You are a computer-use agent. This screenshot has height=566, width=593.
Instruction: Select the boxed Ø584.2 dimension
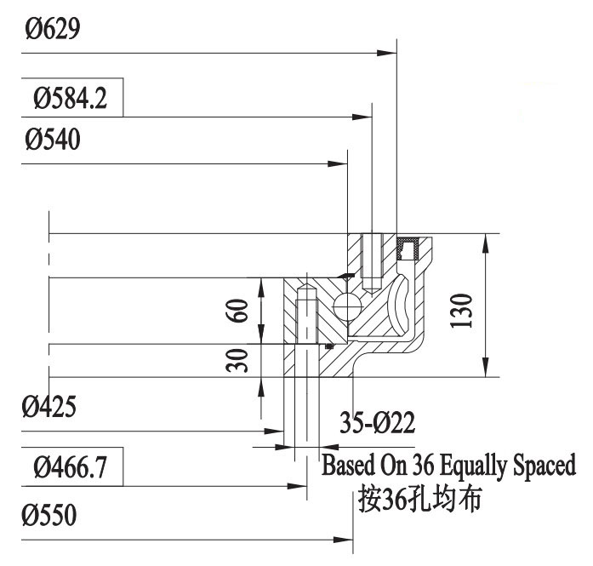[x=71, y=100]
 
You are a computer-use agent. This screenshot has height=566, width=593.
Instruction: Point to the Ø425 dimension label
[x=50, y=406]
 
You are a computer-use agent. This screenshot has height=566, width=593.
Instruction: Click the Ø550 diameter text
[x=50, y=516]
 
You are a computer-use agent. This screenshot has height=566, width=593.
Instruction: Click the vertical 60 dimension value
[x=241, y=312]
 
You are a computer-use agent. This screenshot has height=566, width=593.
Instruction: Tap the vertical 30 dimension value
[x=241, y=360]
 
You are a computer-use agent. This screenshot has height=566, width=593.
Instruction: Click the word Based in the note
[x=345, y=466]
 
